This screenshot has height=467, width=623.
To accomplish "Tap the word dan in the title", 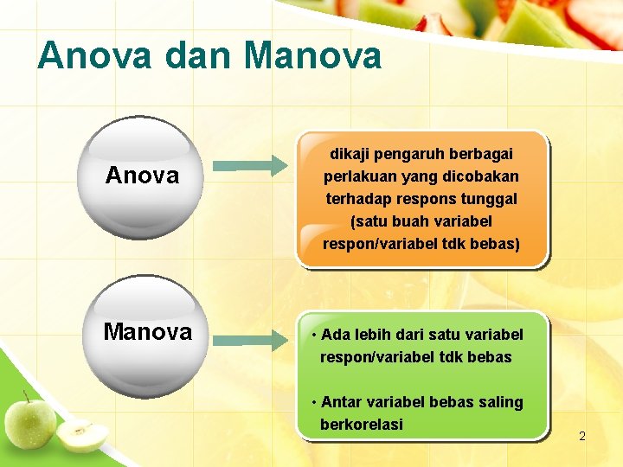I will pos(184,56).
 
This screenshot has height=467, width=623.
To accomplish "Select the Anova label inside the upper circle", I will pos(142,176).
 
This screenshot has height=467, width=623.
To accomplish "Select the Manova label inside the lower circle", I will pos(147,332).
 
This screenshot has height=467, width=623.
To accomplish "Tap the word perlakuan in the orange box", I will pos(357,176).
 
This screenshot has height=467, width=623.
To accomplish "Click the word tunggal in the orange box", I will pos(489,199).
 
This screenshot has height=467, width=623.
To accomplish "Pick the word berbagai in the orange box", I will pos(482,154).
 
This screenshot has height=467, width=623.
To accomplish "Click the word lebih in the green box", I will pos(371,335).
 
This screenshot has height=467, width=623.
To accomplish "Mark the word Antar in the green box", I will pos(342,402).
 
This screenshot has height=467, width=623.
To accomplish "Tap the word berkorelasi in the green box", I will pos(362,425).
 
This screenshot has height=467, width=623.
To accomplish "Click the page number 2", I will pos(581,437).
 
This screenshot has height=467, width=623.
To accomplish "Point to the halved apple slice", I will pos(82,435).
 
